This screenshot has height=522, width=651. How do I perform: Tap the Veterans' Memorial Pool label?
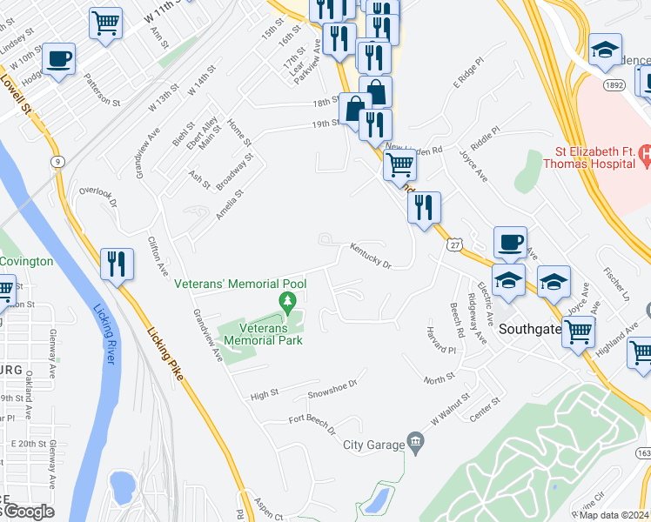240,284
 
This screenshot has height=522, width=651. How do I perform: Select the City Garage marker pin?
416,445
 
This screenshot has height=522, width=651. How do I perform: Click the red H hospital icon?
645,156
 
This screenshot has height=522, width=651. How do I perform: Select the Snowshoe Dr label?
332,389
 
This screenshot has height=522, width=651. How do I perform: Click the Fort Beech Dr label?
312,422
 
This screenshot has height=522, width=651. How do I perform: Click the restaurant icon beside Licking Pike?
117,263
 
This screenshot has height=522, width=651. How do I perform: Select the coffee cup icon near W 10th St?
58,59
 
